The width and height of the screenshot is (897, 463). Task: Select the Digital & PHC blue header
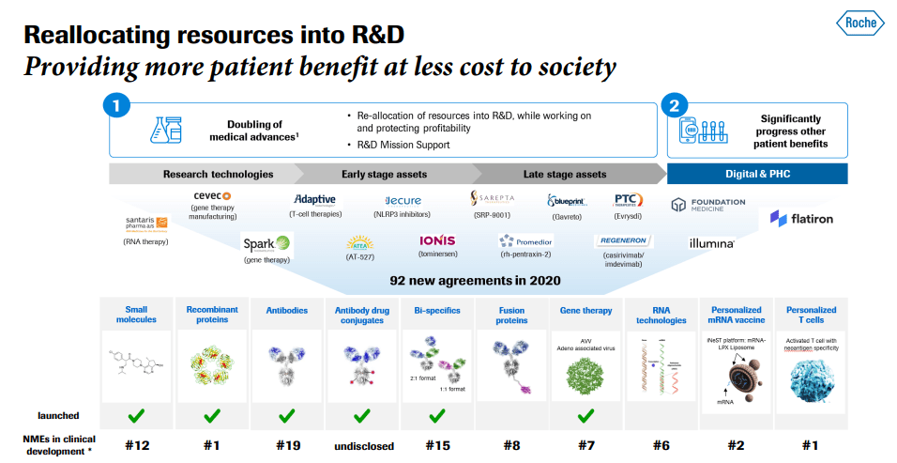pos(756,174)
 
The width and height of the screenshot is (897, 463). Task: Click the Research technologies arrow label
pos(218,174)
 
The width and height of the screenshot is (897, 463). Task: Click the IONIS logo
pos(437,241)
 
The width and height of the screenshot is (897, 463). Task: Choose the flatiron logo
pos(801,219)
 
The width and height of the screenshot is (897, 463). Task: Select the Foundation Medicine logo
pos(708,204)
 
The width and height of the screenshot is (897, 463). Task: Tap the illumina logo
pos(711,243)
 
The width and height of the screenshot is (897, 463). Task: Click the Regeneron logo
pos(623,240)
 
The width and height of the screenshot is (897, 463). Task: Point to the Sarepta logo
pos(493,199)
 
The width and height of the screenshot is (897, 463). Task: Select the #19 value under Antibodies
pos(286,446)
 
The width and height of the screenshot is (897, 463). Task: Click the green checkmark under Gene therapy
pos(586,414)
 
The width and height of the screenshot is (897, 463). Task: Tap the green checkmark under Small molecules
pos(137,414)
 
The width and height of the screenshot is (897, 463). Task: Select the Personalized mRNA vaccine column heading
pos(737,315)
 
